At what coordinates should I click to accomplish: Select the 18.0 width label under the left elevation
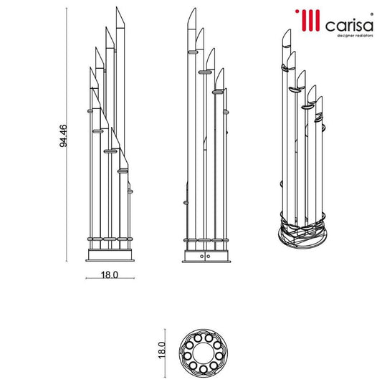pos(109,274)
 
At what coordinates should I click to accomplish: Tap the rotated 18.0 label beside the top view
pos(163,350)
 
